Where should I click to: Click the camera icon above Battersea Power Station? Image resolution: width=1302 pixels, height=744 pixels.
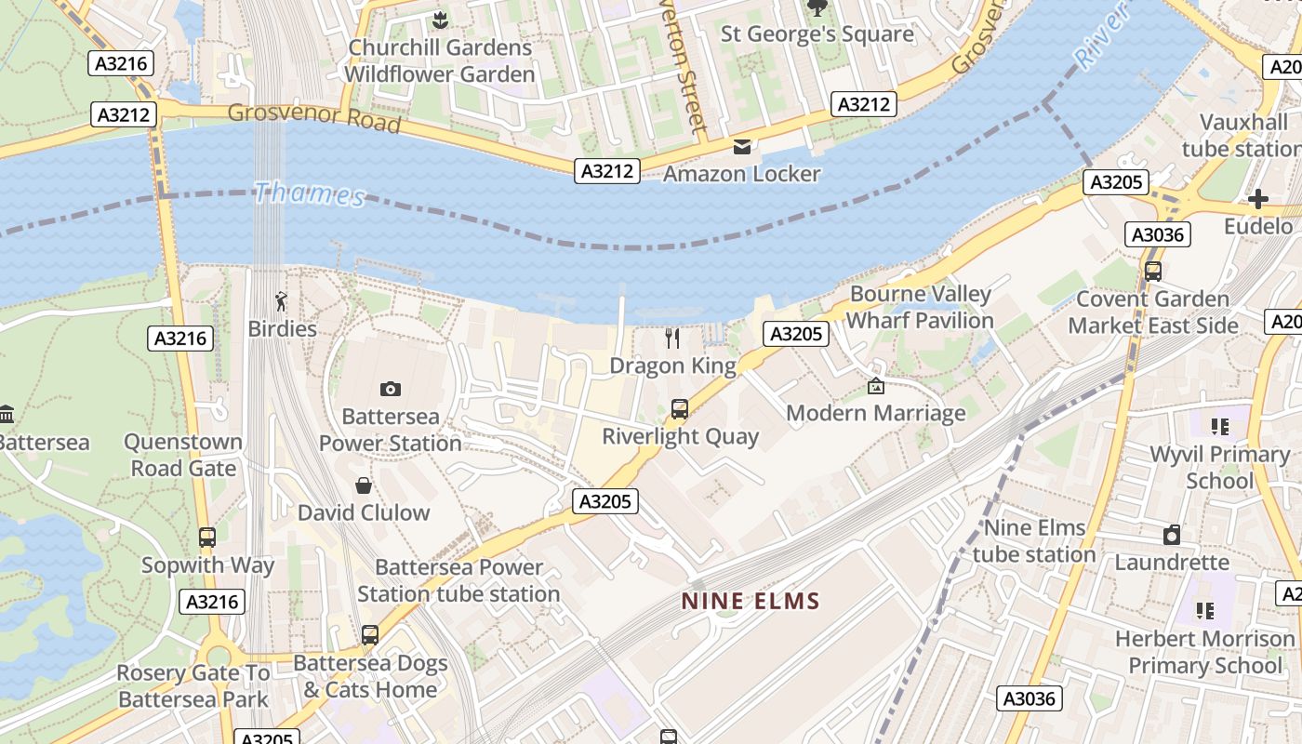pyautogui.click(x=391, y=389)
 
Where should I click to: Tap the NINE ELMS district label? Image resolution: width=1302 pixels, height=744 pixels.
pyautogui.click(x=751, y=601)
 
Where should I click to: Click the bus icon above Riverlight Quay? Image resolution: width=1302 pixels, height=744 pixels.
pyautogui.click(x=680, y=408)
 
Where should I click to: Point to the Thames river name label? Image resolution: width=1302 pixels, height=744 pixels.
pyautogui.click(x=309, y=194)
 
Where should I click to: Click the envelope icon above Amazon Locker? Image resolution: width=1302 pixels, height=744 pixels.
pyautogui.click(x=742, y=147)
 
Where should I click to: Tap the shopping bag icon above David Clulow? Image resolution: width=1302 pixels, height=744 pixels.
pyautogui.click(x=364, y=485)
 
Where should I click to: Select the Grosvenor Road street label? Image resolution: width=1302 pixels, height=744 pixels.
pyautogui.click(x=314, y=117)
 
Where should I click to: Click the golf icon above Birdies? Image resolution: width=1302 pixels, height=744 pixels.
pyautogui.click(x=282, y=301)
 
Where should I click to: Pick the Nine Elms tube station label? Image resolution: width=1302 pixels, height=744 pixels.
pyautogui.click(x=1034, y=541)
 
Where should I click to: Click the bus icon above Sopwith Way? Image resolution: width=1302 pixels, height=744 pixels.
pyautogui.click(x=207, y=538)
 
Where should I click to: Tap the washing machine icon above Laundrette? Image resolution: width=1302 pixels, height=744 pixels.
pyautogui.click(x=1172, y=535)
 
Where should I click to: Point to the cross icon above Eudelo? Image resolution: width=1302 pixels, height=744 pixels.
pyautogui.click(x=1257, y=199)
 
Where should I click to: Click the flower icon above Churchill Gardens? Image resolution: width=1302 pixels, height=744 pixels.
pyautogui.click(x=440, y=19)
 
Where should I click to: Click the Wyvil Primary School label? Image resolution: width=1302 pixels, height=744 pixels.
pyautogui.click(x=1219, y=468)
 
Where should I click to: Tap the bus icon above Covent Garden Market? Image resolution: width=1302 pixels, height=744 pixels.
pyautogui.click(x=1153, y=272)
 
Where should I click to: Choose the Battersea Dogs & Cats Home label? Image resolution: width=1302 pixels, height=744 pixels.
pyautogui.click(x=370, y=676)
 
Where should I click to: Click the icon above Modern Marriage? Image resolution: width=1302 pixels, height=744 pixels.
pyautogui.click(x=875, y=386)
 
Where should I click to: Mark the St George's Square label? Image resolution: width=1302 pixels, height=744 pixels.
pyautogui.click(x=817, y=34)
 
